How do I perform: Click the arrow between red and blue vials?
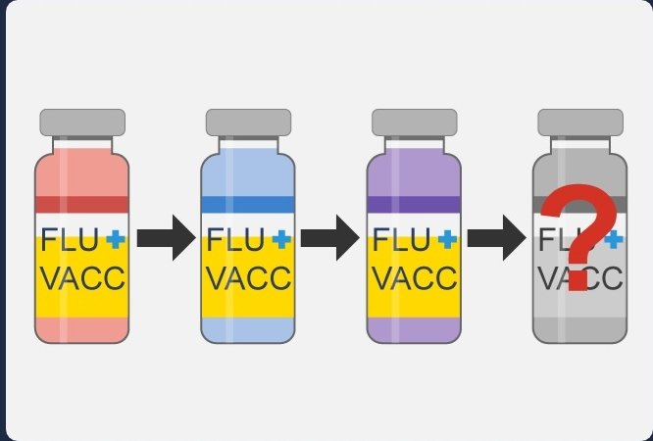[166, 238]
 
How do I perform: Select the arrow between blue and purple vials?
[330, 238]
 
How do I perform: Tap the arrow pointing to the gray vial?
[497, 238]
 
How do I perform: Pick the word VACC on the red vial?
[82, 278]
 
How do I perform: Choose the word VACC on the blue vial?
[248, 278]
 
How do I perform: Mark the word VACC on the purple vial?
[415, 278]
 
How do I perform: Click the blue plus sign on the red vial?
[116, 238]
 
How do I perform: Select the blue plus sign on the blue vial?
[282, 238]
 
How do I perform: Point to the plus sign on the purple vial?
[448, 238]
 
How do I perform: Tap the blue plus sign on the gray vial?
[615, 238]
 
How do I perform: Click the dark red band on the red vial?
[82, 204]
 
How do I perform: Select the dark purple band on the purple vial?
[415, 204]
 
